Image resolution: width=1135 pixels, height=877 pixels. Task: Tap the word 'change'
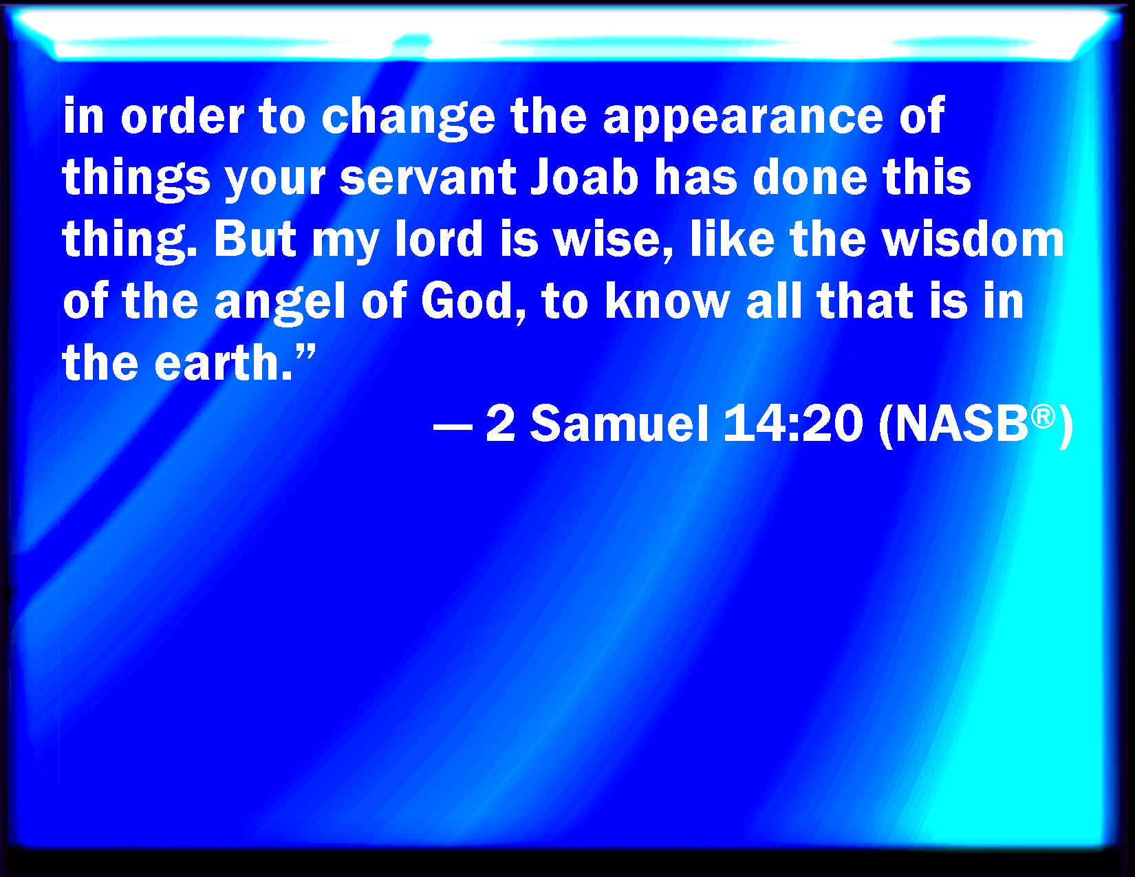[409, 118]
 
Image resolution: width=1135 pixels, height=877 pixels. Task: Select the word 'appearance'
[743, 119]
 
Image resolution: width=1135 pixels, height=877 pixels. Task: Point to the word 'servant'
[428, 178]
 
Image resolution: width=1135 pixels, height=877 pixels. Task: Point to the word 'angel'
[280, 302]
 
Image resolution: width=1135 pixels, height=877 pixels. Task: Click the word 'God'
[466, 301]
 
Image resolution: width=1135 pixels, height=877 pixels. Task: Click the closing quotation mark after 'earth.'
[305, 351]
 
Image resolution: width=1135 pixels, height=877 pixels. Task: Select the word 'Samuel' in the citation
[620, 424]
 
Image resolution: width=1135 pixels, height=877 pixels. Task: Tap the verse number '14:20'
[793, 424]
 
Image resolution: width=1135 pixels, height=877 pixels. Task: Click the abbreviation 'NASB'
[962, 424]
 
